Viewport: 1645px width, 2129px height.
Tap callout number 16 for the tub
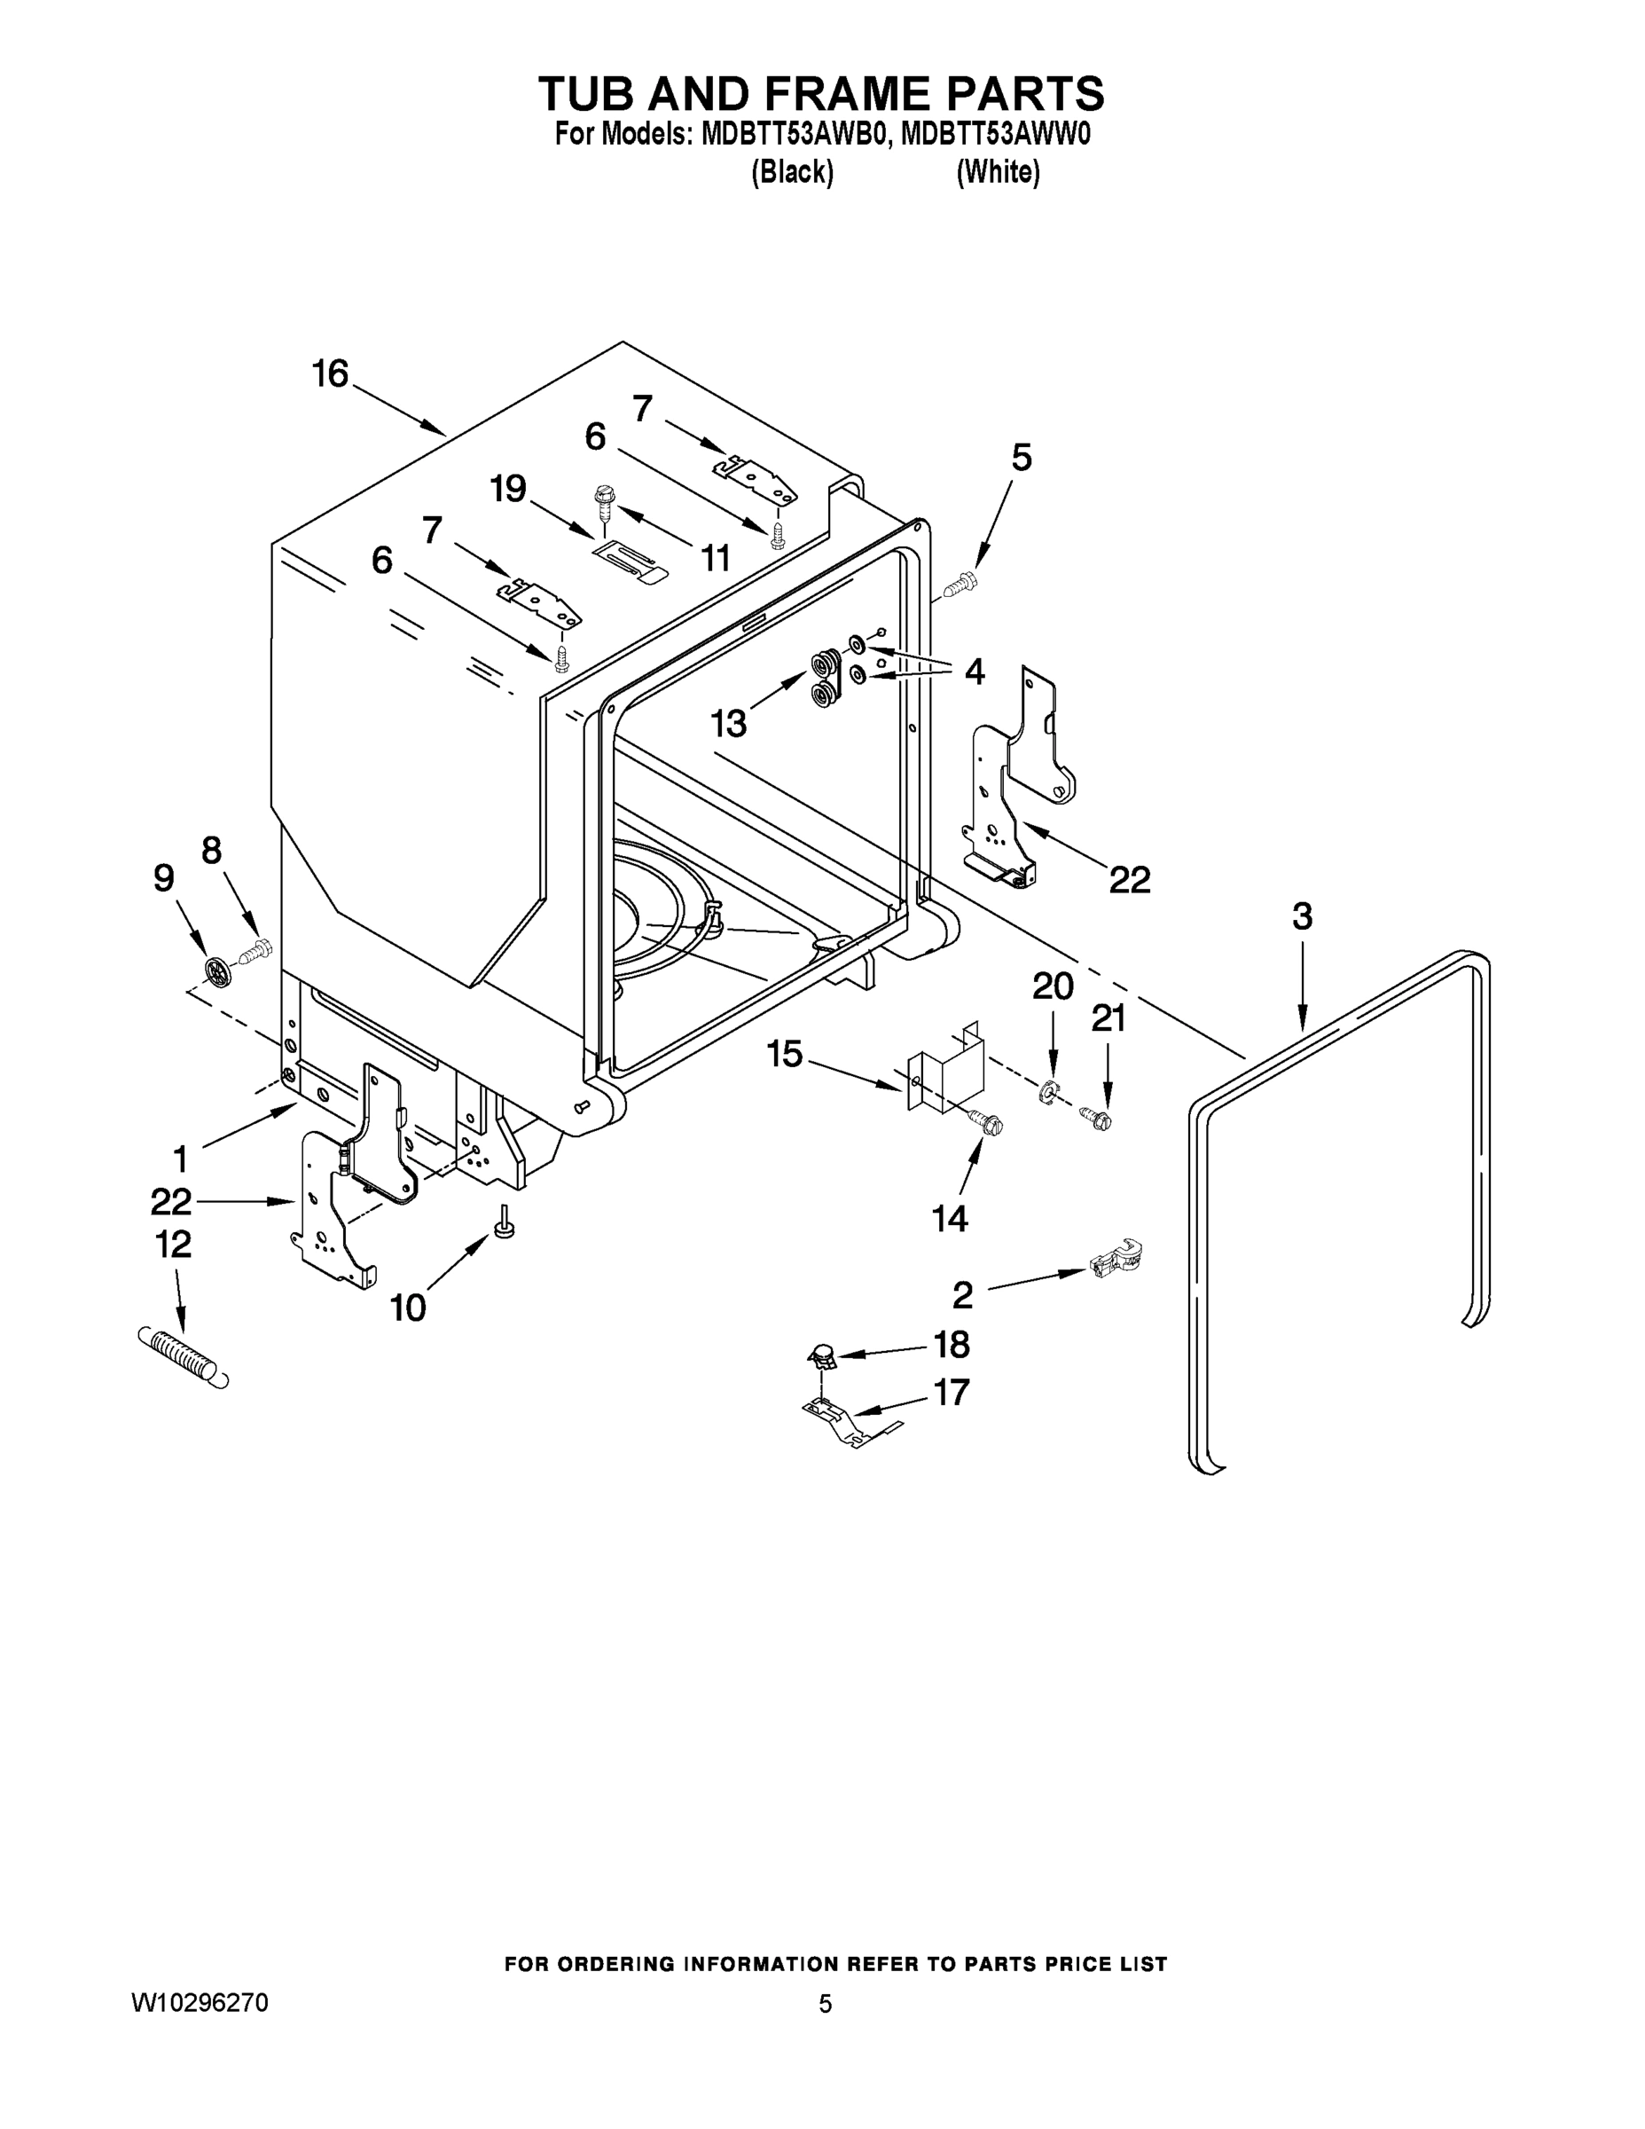(331, 374)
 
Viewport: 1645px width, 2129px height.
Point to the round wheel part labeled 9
(219, 970)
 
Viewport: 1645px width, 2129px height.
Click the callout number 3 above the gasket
(1302, 916)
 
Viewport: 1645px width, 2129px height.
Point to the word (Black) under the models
(792, 173)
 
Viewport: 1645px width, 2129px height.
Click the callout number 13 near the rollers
(728, 722)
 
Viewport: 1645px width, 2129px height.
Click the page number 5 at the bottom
(825, 2004)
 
